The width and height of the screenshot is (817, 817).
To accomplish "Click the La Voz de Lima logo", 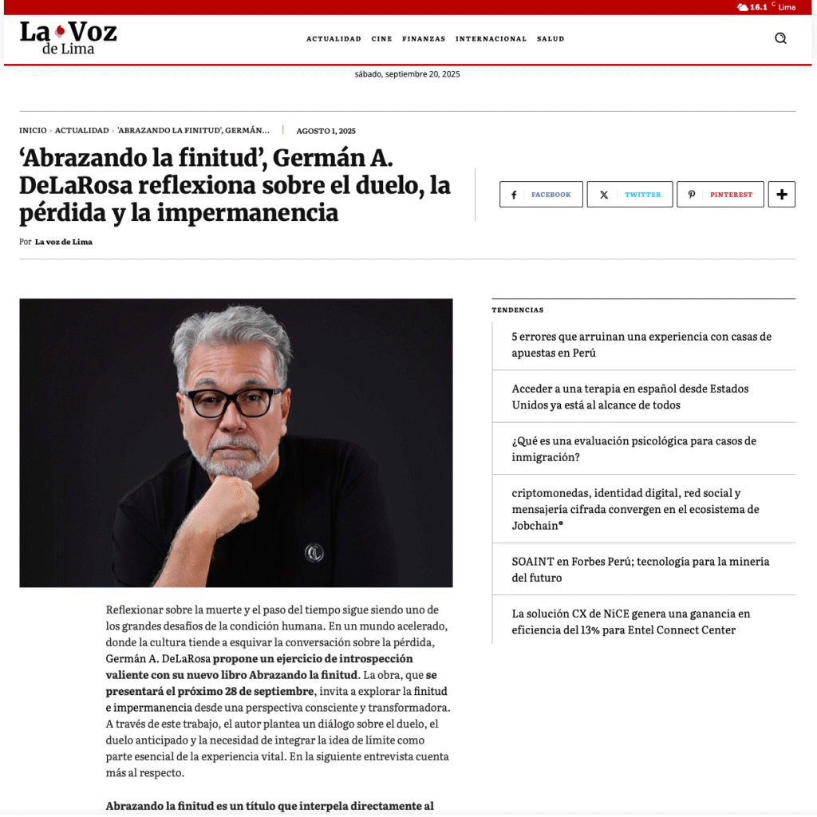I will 68,37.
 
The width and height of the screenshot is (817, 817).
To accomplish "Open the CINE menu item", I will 381,39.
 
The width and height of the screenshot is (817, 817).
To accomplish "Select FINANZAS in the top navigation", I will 424,39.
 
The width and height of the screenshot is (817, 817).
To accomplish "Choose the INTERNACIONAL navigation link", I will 491,39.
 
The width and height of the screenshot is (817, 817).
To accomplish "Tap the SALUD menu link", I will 551,39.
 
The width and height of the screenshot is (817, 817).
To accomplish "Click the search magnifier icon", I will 780,38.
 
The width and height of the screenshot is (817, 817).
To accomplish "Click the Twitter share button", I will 630,195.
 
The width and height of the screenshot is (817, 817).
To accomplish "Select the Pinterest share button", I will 720,195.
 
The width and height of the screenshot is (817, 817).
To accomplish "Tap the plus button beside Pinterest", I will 781,195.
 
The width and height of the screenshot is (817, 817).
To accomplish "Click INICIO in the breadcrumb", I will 33,130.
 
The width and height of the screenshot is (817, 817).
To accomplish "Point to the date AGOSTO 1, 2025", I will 326,131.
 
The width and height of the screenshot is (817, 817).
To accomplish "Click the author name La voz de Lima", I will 64,242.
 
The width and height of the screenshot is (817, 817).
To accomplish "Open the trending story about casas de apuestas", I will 641,345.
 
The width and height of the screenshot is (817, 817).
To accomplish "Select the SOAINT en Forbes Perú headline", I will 640,570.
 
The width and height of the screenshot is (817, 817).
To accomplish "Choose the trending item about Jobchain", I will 635,509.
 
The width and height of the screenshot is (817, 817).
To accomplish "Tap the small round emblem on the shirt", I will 314,551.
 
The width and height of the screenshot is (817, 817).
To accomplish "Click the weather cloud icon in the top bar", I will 743,7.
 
